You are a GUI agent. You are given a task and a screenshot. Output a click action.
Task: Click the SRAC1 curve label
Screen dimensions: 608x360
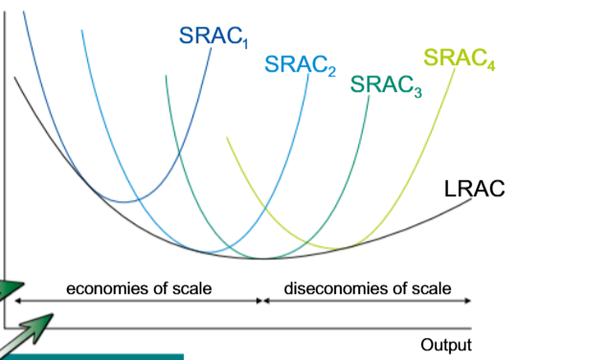214,36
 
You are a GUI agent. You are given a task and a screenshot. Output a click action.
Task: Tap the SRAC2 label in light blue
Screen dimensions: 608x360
300,65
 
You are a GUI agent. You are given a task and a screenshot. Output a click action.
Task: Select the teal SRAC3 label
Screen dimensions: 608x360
386,85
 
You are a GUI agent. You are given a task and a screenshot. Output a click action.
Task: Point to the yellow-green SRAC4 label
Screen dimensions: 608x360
460,58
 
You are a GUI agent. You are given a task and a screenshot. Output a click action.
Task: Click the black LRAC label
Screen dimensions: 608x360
474,189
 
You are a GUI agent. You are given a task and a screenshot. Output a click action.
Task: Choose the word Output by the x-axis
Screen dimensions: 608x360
446,345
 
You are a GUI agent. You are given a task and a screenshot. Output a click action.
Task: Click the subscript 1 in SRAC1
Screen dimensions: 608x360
245,43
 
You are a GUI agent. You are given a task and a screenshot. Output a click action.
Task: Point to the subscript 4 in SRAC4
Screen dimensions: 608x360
491,65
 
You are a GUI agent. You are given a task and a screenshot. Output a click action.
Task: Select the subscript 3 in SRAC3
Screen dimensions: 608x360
417,92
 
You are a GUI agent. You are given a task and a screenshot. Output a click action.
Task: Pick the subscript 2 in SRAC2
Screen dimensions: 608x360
331,71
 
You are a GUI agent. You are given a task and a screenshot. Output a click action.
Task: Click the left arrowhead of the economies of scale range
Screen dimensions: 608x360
18,301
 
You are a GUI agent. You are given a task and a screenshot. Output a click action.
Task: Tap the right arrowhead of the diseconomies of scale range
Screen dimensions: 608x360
467,301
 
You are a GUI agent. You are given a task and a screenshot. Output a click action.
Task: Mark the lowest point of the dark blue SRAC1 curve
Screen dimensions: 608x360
124,202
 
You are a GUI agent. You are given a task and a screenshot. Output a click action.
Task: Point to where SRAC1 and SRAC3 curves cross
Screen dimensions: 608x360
179,154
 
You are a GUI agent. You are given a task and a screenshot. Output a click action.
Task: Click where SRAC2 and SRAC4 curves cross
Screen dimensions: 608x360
266,209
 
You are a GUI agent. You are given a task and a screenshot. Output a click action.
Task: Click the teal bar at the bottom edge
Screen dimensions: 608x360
92,357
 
